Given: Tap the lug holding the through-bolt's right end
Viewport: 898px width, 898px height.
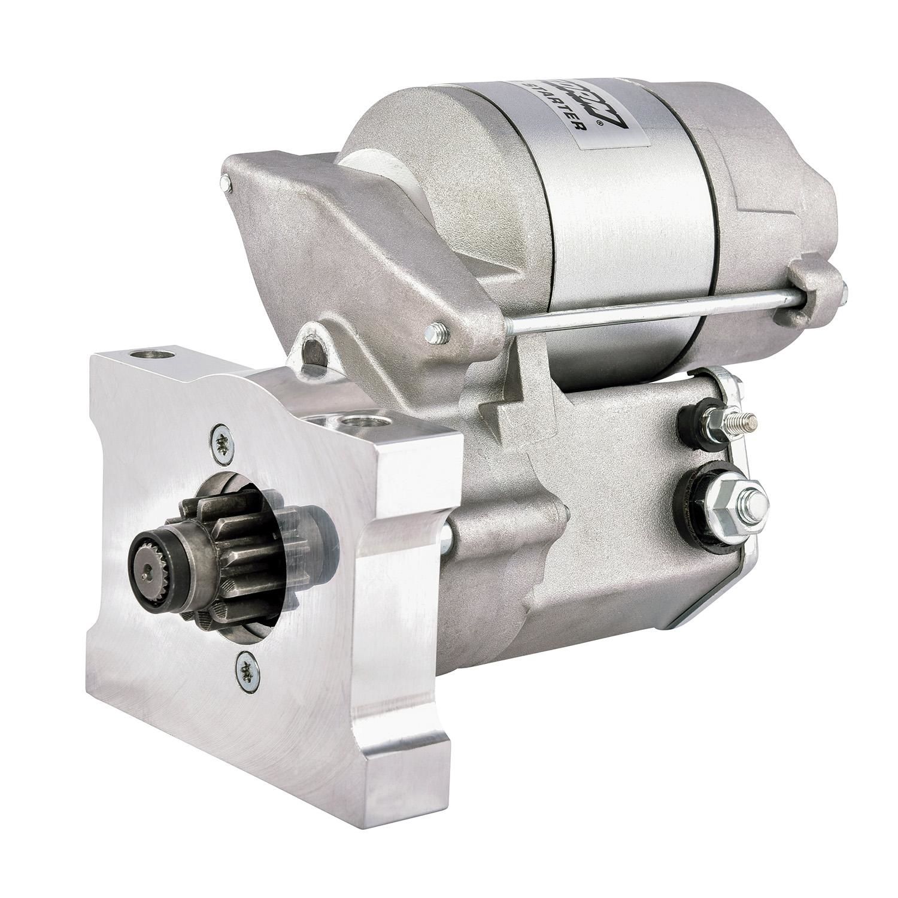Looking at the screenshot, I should pyautogui.click(x=814, y=287).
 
